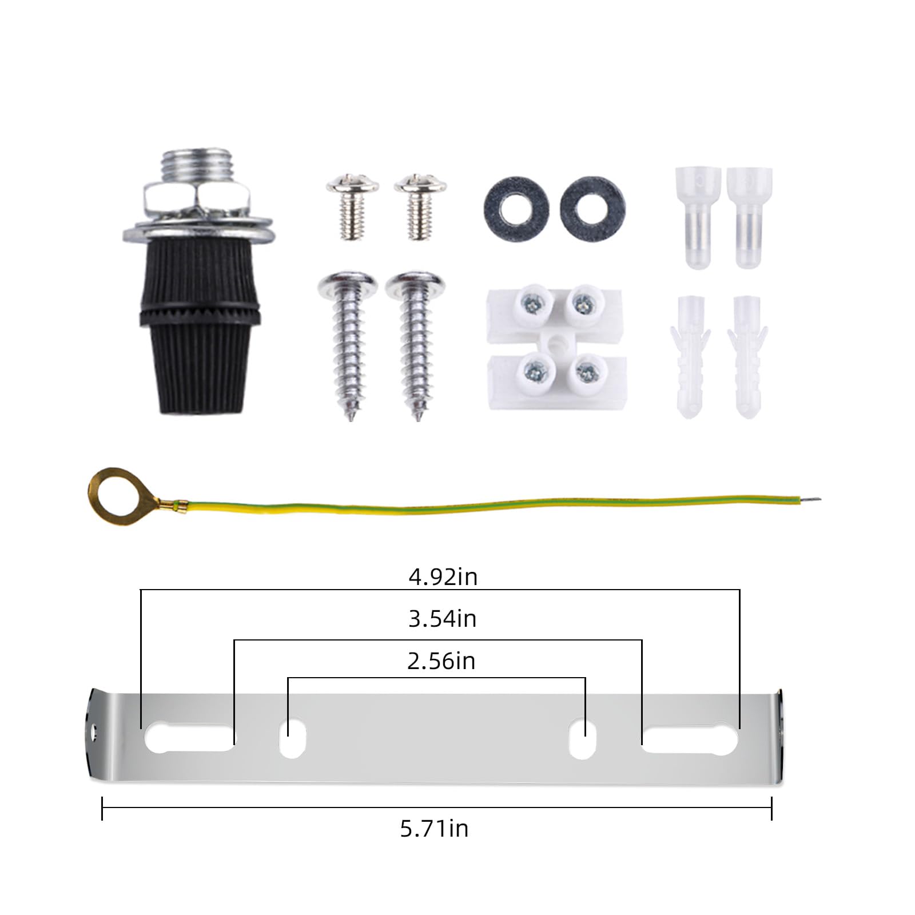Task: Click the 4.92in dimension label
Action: coord(443,577)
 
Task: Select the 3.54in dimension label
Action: coord(442,619)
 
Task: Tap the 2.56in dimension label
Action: coord(441,661)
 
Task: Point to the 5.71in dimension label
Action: coord(434,829)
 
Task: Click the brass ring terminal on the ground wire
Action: coord(111,491)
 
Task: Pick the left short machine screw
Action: coord(352,206)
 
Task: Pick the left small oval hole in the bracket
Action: coord(292,739)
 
